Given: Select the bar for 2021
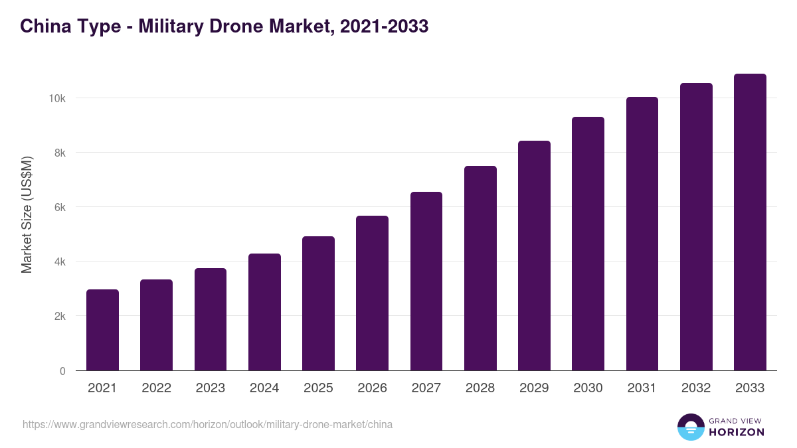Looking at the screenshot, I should pyautogui.click(x=102, y=330).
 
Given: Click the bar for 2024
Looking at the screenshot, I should pyautogui.click(x=264, y=312).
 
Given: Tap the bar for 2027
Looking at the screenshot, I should pyautogui.click(x=426, y=281).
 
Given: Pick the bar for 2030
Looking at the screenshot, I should pyautogui.click(x=588, y=244).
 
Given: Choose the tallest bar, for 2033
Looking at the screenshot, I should pyautogui.click(x=750, y=222).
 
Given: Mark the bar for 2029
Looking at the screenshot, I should pyautogui.click(x=534, y=256).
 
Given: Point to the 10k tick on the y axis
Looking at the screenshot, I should pyautogui.click(x=57, y=98).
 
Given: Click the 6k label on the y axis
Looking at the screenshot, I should pyautogui.click(x=59, y=207).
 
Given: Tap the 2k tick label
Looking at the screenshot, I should pyautogui.click(x=59, y=317).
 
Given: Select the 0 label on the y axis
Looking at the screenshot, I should pyautogui.click(x=62, y=371).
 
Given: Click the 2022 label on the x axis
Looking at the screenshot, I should pyautogui.click(x=156, y=388).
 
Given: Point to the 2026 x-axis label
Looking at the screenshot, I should pyautogui.click(x=372, y=388).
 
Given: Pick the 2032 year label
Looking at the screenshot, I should pyautogui.click(x=696, y=388).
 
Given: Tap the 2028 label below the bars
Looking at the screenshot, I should pyautogui.click(x=480, y=388).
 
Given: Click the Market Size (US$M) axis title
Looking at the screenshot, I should pyautogui.click(x=27, y=214).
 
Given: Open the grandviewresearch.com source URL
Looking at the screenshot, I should pyautogui.click(x=207, y=424).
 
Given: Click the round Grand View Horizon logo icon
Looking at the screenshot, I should pyautogui.click(x=690, y=427).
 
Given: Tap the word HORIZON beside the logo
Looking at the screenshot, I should pyautogui.click(x=737, y=432).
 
